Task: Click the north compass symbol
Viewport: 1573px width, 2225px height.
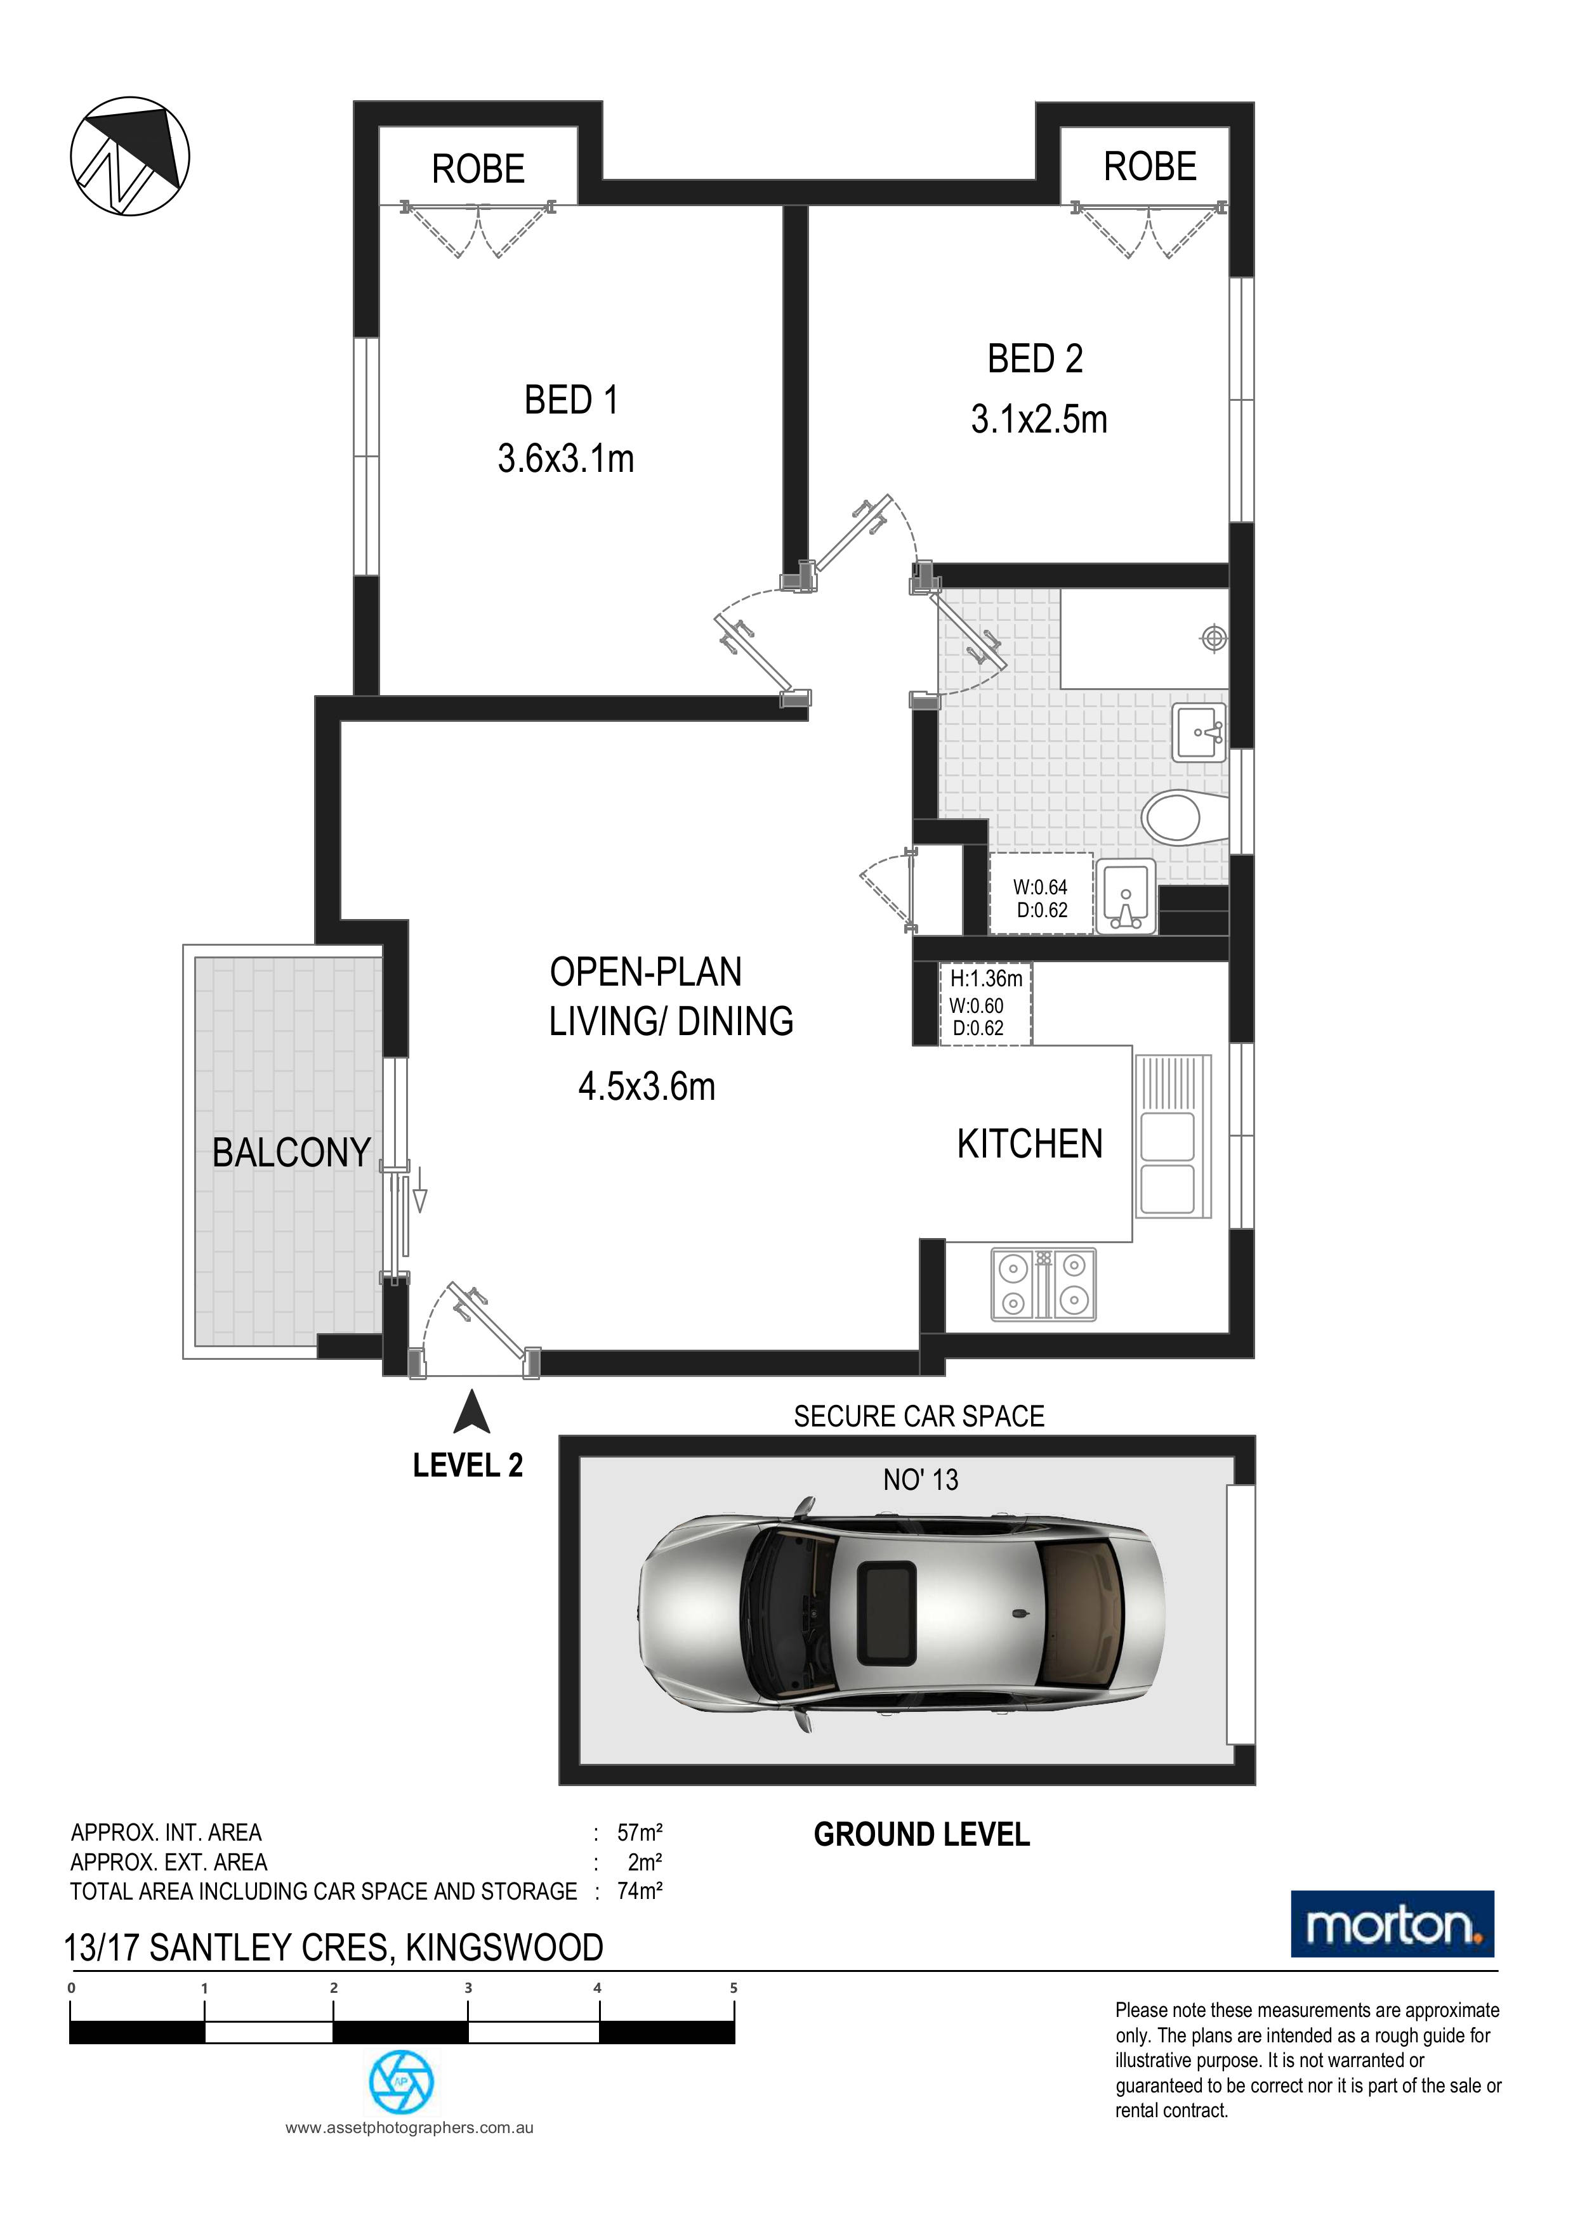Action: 130,155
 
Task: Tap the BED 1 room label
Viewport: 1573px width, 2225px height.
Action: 571,399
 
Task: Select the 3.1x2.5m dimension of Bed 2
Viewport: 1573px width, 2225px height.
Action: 1039,420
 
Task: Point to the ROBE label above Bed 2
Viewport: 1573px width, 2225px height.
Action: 1150,167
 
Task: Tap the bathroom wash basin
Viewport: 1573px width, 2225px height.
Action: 1200,732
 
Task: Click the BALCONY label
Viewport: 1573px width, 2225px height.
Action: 292,1152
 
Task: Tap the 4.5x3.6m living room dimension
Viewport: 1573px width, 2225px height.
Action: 647,1086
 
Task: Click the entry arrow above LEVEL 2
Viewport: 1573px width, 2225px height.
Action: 472,1411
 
